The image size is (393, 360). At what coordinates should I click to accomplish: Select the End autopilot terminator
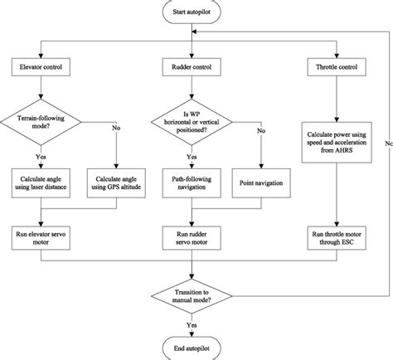[x=195, y=347]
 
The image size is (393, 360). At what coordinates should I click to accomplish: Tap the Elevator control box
[x=38, y=65]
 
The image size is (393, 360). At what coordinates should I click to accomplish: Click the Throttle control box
[x=336, y=65]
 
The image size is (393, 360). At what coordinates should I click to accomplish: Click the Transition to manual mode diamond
[x=194, y=296]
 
